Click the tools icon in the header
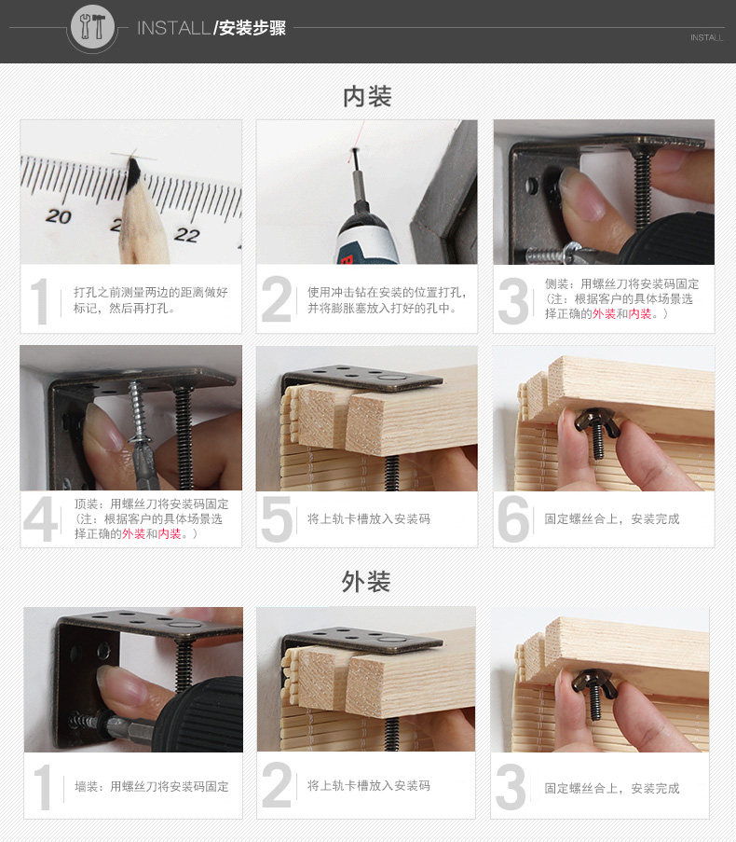[x=92, y=26]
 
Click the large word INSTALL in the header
[x=173, y=28]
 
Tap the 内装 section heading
[x=367, y=97]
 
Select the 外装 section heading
[x=366, y=582]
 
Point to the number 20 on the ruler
[x=59, y=216]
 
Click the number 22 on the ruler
[x=186, y=234]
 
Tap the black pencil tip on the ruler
[x=133, y=172]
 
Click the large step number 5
[x=277, y=519]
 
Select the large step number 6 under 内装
[x=513, y=518]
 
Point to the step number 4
[x=41, y=519]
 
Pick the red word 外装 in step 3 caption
[x=604, y=313]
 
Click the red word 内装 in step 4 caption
[x=170, y=533]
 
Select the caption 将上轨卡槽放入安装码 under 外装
[x=369, y=786]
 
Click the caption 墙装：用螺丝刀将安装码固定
[x=152, y=787]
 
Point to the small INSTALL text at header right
[x=706, y=37]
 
